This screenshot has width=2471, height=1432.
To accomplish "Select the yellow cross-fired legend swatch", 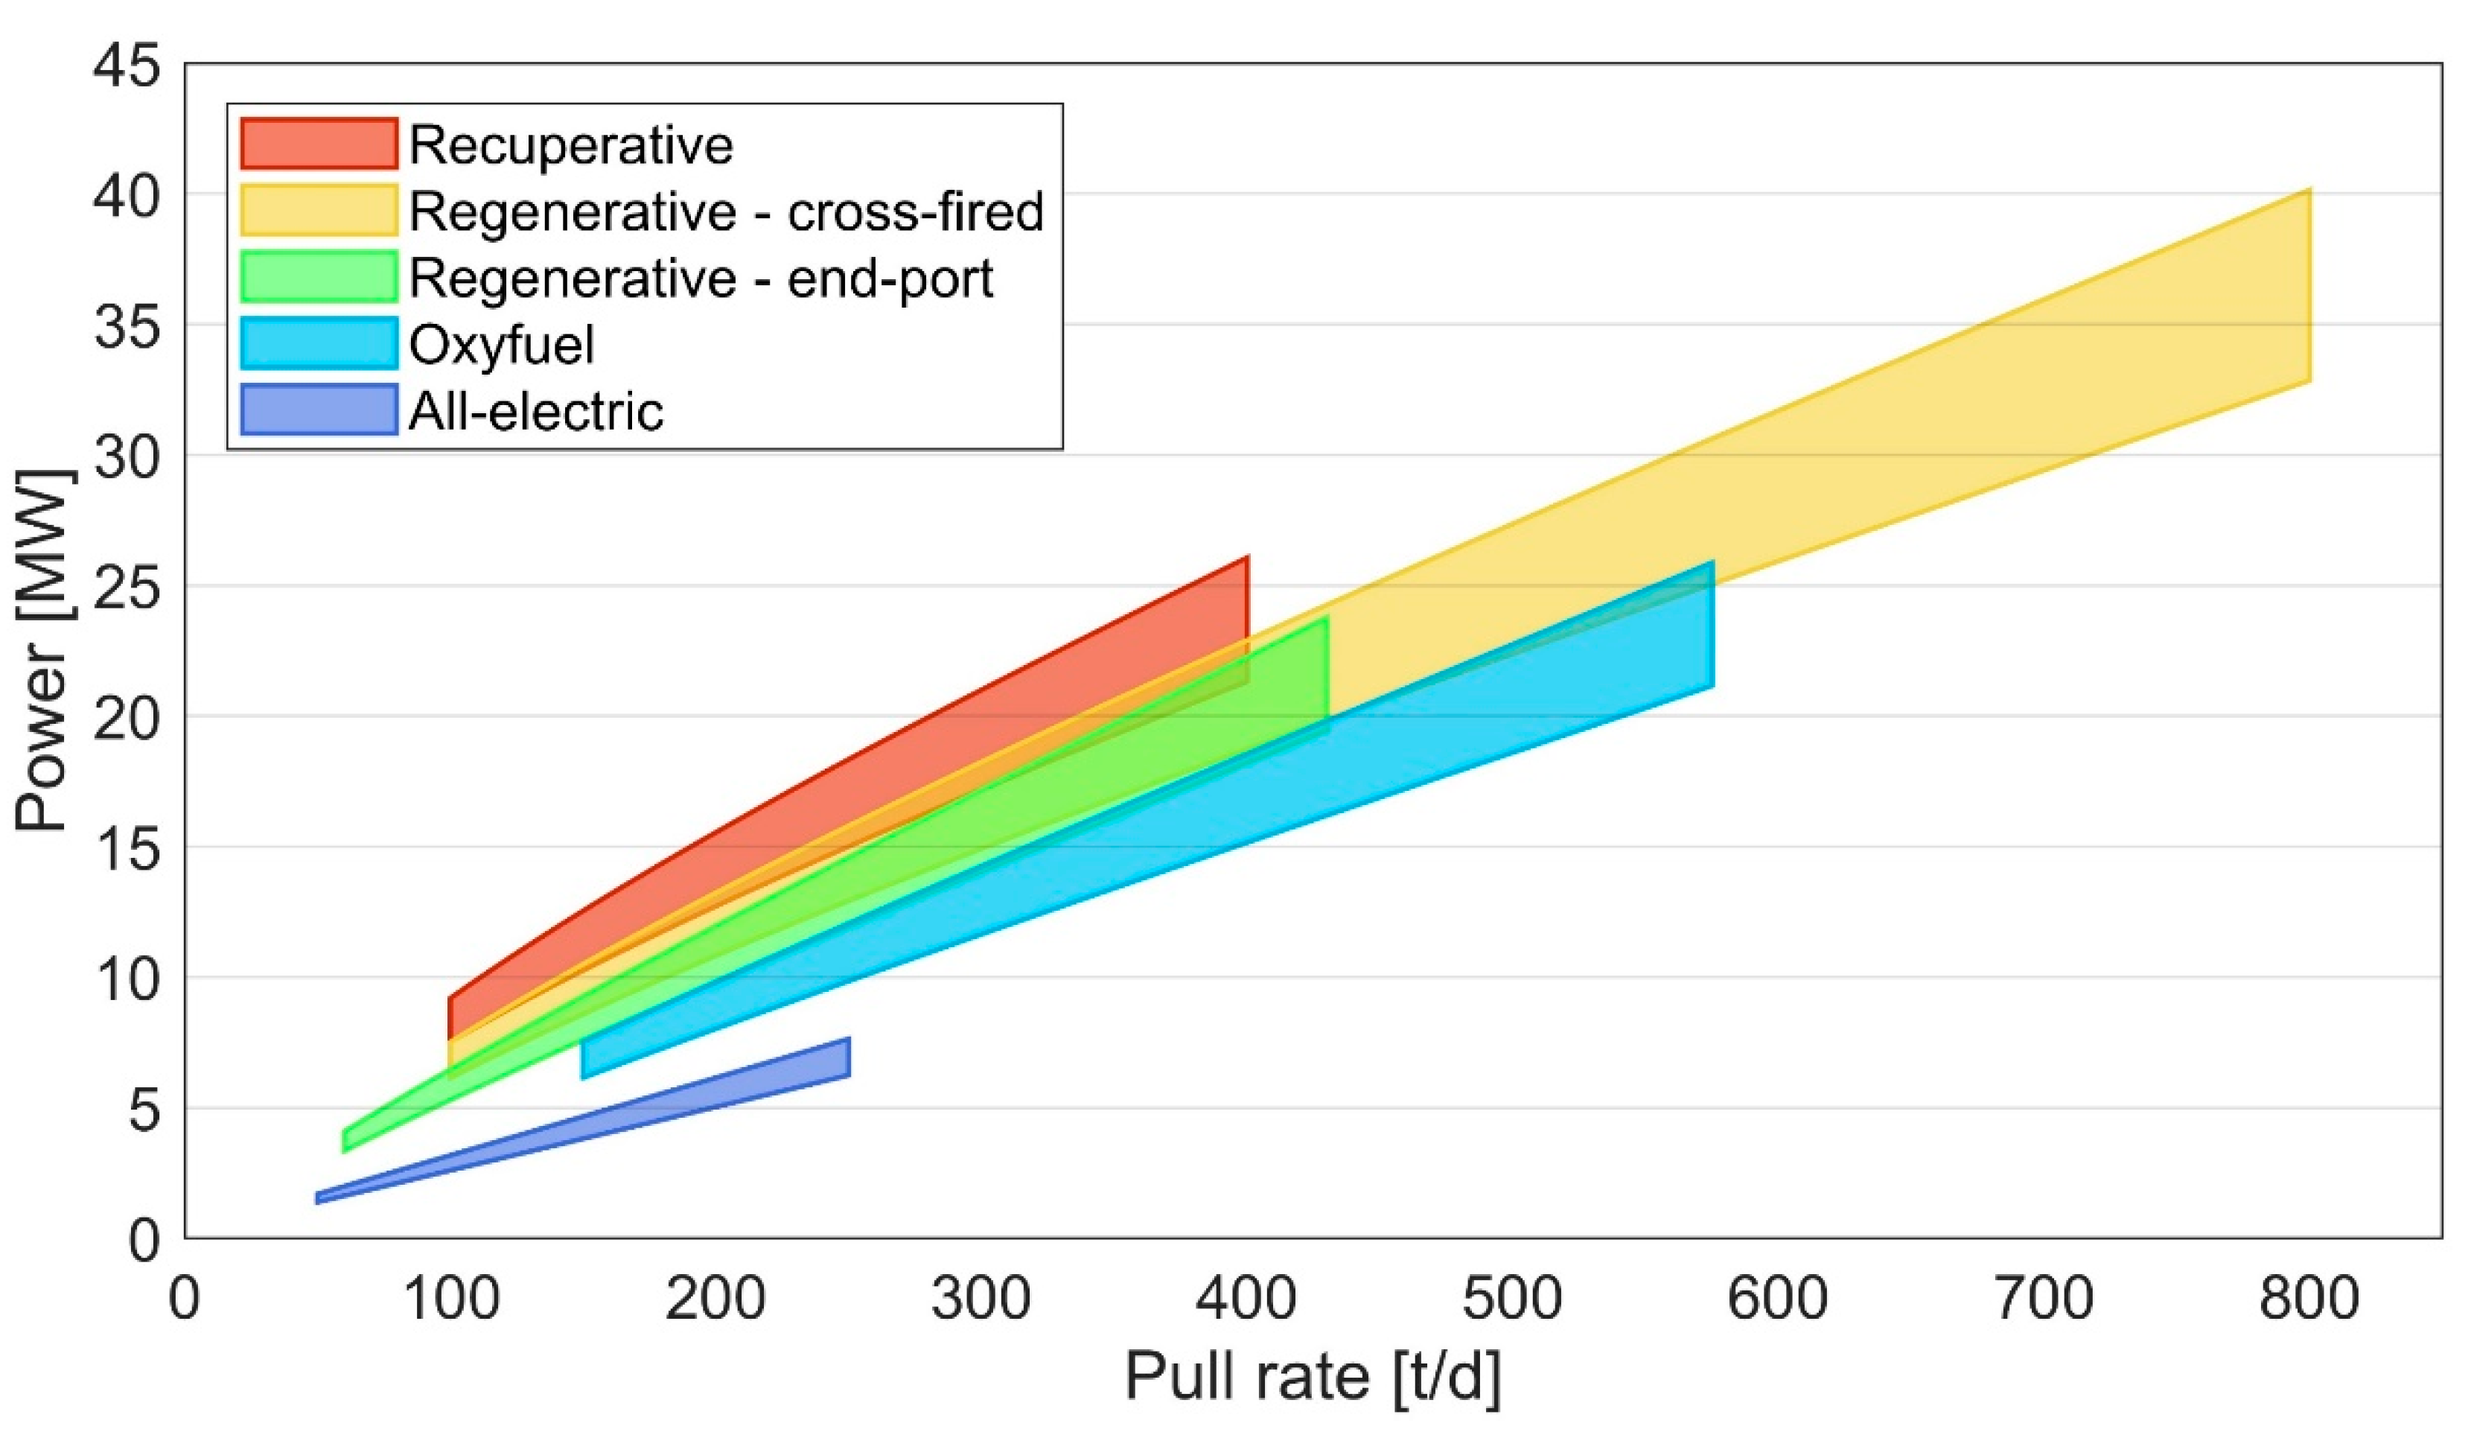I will tap(319, 210).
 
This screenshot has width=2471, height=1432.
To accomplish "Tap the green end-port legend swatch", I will tap(319, 276).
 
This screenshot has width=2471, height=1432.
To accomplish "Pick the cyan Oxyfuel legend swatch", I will tap(319, 343).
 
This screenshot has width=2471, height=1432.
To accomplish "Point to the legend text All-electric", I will tap(536, 411).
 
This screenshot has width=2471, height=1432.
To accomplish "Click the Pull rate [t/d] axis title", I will tap(1312, 1377).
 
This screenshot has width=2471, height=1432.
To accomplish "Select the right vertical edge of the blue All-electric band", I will tap(849, 1057).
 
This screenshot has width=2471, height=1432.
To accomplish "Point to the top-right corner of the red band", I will tap(1246, 558).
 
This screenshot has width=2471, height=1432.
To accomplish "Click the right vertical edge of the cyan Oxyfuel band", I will tap(1713, 624).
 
